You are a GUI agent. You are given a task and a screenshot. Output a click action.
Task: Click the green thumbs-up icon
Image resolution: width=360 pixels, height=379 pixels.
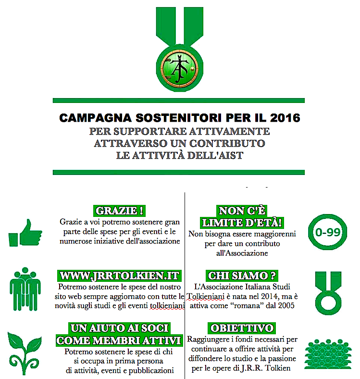26,233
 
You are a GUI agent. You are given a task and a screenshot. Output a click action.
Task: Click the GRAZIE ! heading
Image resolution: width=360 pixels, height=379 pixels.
120,212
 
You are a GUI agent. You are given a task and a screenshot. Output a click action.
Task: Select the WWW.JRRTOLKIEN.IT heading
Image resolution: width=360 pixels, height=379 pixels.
120,276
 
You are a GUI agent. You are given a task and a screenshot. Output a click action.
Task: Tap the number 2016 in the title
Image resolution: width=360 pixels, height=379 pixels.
282,118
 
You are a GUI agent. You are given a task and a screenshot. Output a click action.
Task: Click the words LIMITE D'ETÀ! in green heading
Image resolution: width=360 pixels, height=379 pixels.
241,222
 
